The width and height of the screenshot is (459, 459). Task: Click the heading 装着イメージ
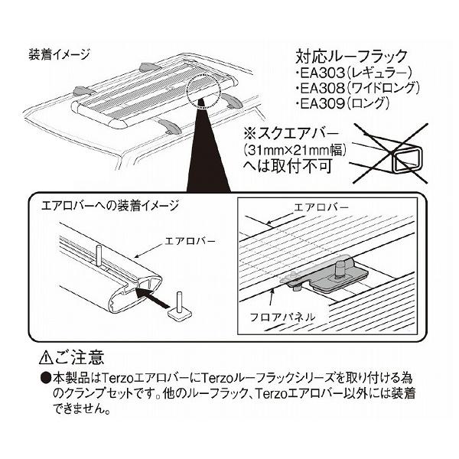[x=59, y=54]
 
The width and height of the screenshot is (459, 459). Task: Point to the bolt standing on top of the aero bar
[x=101, y=252]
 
